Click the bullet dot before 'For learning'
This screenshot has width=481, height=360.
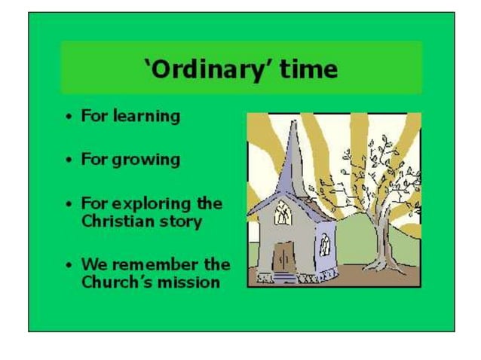pos(69,117)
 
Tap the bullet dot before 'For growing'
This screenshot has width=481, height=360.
pos(69,160)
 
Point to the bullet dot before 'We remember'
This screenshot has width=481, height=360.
pos(69,265)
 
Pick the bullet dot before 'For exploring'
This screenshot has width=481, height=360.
pos(69,204)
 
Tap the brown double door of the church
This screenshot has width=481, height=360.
pos(283,258)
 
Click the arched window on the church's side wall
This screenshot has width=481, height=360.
pos(324,244)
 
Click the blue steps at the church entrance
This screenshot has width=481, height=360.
pos(283,278)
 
